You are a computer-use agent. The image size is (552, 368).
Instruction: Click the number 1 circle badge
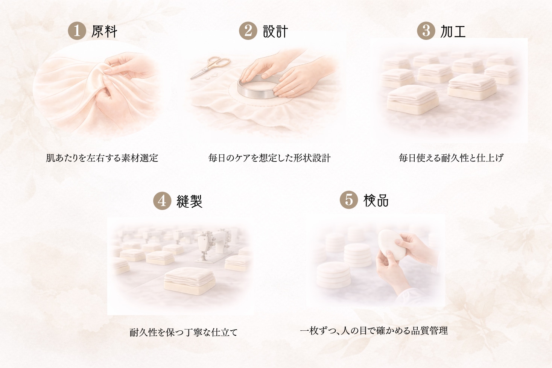coord(77,30)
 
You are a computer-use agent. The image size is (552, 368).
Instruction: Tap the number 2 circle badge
coord(248,30)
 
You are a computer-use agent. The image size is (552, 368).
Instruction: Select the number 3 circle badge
coord(426,30)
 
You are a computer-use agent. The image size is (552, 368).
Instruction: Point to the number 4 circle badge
coord(162,201)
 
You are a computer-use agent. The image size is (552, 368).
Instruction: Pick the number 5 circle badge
coord(349,199)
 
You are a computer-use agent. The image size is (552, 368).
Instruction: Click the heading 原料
coord(104,31)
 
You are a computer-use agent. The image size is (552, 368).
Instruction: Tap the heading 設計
coord(275,31)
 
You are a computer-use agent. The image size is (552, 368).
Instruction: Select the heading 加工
coord(453,31)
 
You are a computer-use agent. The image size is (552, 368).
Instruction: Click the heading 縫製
coord(189,201)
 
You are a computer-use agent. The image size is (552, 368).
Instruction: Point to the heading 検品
coord(376,200)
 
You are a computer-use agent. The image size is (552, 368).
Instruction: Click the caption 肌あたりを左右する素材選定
coord(102,158)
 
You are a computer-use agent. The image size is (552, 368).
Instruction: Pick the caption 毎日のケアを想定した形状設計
coord(269,158)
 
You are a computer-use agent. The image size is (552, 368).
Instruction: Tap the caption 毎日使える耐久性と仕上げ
coord(451,158)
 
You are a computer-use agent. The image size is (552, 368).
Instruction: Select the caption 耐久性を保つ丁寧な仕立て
coord(184,332)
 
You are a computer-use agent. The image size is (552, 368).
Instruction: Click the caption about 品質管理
coord(374,331)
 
